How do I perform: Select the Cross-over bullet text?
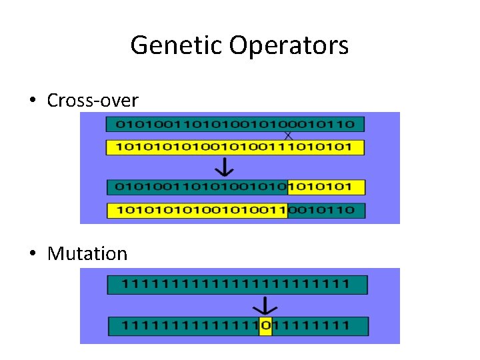point(93,101)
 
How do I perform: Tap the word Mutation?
point(87,253)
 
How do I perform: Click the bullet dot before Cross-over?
point(32,101)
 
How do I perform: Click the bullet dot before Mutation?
point(32,254)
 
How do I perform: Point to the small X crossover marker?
point(289,135)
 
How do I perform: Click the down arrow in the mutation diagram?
point(266,306)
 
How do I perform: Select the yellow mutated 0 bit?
point(265,326)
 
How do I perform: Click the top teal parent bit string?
point(235,124)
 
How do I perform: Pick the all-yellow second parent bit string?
point(235,147)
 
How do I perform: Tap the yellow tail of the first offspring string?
point(327,187)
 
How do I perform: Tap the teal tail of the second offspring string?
point(326,211)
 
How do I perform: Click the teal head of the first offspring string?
point(197,187)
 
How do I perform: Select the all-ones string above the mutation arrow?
point(237,285)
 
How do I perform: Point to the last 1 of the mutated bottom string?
point(345,326)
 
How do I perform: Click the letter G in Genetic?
point(139,45)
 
